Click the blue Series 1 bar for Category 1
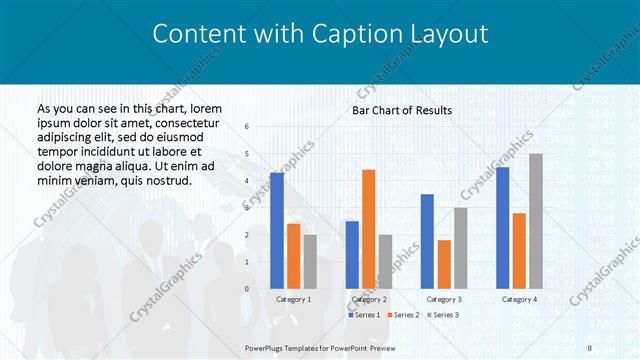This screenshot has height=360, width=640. (277, 231)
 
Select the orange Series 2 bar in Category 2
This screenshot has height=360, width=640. (368, 229)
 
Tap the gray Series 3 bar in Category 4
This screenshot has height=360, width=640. (536, 221)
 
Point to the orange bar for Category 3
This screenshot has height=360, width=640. (444, 264)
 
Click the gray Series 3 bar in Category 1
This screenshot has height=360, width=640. (310, 261)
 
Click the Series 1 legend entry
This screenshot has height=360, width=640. (364, 315)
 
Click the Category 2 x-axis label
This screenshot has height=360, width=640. (369, 299)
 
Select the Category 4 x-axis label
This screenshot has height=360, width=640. (518, 299)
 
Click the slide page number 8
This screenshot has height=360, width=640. (589, 346)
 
